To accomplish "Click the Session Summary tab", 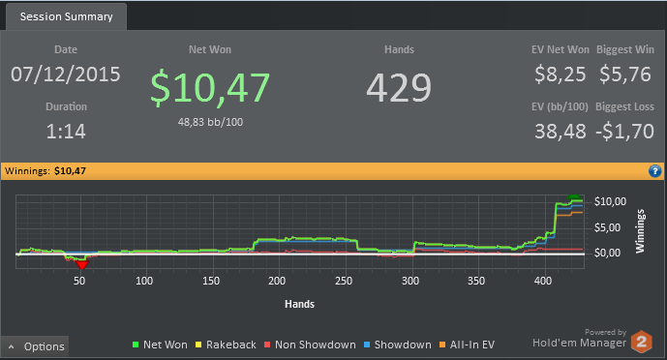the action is coord(66,16).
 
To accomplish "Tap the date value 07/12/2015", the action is coord(66,75).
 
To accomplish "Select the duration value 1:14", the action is coord(66,132).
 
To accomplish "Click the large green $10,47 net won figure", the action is coord(210,88).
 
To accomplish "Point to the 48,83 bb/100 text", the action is coord(210,122).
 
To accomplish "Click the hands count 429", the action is coord(399,88).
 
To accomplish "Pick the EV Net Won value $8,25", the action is coord(561,75).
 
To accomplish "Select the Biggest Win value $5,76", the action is coord(624,75).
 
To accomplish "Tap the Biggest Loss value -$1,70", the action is coord(624,132).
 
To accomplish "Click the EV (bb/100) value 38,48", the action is coord(561,132).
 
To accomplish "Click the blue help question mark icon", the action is coord(654,171).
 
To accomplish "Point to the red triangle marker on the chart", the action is coord(81,265).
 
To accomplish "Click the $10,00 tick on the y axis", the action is coord(610,201).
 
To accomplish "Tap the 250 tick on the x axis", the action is coord(344,281).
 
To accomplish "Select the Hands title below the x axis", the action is coord(299,304).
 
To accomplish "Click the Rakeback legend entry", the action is coord(226,345).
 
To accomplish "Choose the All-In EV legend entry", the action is coord(467,345).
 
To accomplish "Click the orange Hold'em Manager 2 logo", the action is coord(642,342).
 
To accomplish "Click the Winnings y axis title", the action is coord(640,231).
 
